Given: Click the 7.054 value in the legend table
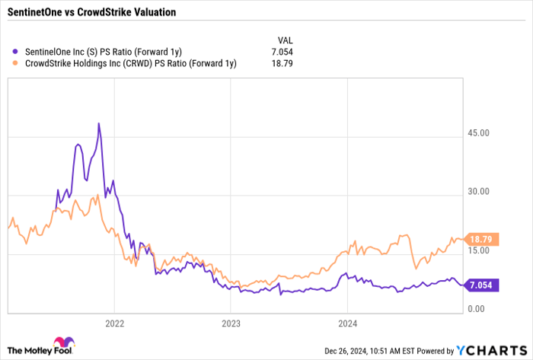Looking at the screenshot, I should (282, 52).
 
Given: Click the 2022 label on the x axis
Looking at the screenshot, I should (114, 322).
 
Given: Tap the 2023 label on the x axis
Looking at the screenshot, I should (231, 322).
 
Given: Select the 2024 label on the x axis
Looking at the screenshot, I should (347, 322).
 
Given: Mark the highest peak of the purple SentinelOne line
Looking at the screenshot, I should (99, 123).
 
